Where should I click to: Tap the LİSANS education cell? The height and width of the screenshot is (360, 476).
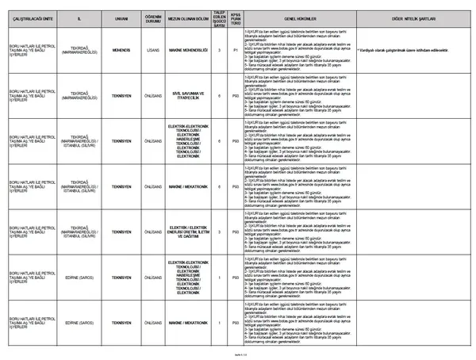pos(148,50)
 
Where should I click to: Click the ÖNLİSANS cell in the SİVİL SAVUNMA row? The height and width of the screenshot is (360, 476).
pos(148,94)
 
